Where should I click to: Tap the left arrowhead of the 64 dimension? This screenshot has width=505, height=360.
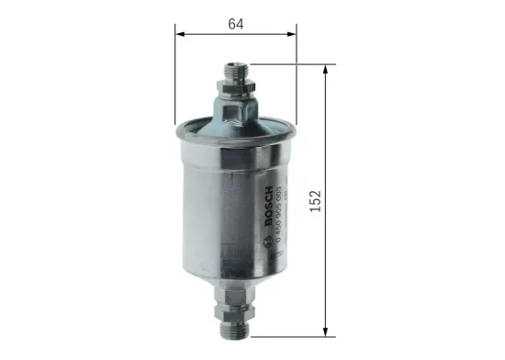(179, 34)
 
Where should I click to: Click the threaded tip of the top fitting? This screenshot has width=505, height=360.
(235, 69)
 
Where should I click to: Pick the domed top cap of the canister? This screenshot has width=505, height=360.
(204, 128)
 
